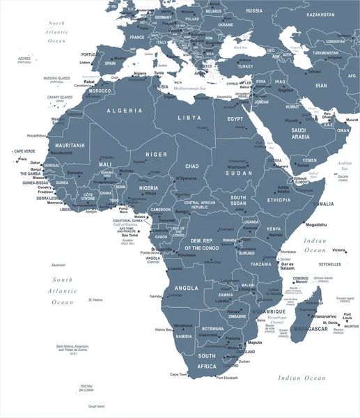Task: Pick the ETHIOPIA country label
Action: click(279, 199)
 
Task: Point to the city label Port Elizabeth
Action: click(230, 378)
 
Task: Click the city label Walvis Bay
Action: click(164, 329)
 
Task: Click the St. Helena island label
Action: click(95, 300)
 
